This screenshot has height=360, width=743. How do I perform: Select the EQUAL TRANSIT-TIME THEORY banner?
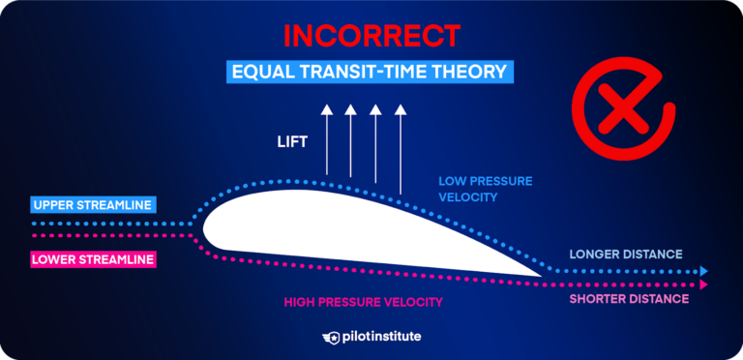(x=371, y=72)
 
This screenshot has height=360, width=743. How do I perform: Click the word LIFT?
(x=291, y=141)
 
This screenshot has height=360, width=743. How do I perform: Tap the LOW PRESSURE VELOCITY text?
(x=485, y=189)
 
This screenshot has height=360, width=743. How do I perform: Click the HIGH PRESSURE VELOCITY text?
(x=363, y=302)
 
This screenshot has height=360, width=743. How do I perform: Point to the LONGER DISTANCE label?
(x=625, y=255)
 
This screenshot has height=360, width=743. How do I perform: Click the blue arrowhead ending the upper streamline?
(x=704, y=272)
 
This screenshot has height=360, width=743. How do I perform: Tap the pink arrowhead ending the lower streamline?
(x=704, y=285)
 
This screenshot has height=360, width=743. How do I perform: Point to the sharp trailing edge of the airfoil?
(x=539, y=275)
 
